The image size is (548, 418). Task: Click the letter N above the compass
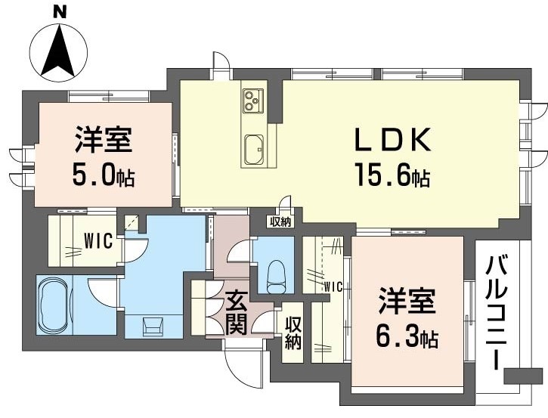point(60,11)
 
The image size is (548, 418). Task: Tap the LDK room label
point(393,141)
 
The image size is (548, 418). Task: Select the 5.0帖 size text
point(104,175)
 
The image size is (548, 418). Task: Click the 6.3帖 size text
point(407,335)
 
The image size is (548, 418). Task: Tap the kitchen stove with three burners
point(252,100)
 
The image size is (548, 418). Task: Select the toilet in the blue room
point(276,273)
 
